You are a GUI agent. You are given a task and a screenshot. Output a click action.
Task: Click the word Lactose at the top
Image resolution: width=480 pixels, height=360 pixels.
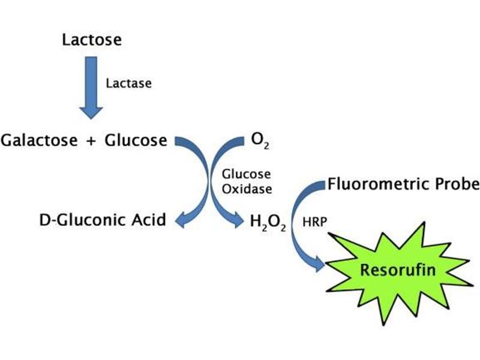click(92, 40)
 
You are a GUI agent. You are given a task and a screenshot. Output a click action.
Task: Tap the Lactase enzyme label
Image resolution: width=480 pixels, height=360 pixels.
click(128, 83)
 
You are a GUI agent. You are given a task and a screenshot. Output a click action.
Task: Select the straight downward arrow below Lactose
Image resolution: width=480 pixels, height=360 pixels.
click(91, 84)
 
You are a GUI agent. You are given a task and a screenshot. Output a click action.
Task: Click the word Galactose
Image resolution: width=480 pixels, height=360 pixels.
click(40, 140)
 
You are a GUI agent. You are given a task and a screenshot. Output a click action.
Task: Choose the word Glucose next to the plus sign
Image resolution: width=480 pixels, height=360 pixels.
click(136, 140)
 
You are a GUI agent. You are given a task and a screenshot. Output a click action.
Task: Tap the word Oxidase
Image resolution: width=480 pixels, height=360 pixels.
click(246, 188)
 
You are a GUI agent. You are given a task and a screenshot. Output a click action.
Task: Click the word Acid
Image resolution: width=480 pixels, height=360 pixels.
click(149, 220)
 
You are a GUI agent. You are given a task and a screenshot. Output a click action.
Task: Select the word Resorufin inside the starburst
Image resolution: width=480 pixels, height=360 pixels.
click(398, 270)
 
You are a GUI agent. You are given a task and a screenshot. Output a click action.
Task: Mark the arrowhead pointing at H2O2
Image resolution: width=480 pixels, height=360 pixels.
click(239, 220)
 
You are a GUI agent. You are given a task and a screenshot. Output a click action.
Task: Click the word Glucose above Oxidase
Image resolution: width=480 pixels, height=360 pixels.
click(246, 175)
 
